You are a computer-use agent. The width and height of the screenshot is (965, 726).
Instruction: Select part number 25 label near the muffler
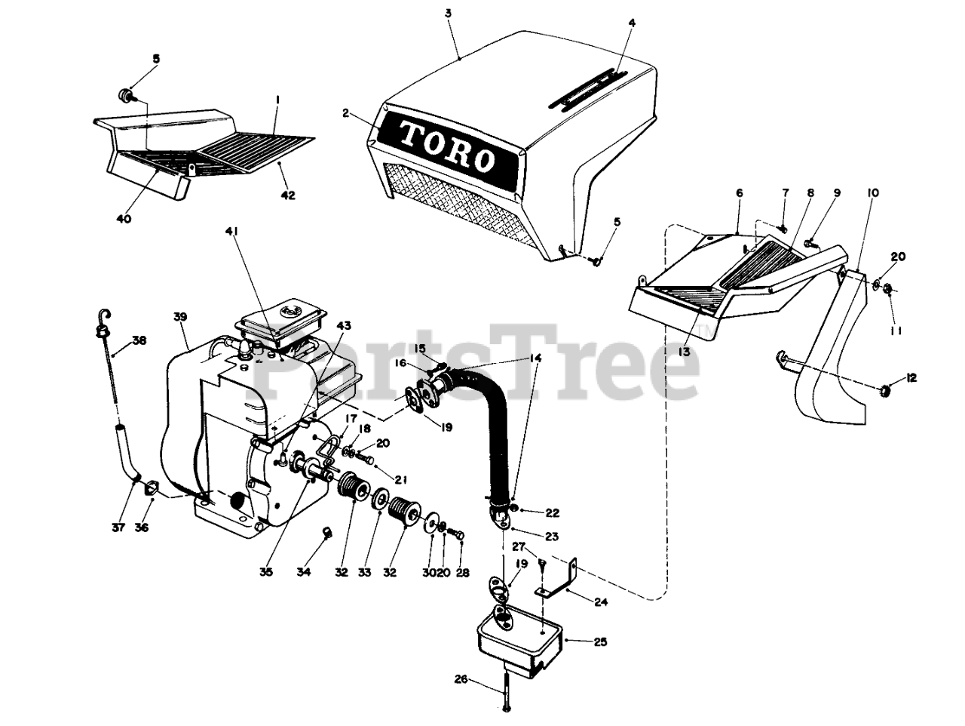(x=600, y=642)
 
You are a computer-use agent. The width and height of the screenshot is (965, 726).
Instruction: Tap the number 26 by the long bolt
(x=461, y=679)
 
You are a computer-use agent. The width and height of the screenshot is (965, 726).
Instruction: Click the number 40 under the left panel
(x=124, y=219)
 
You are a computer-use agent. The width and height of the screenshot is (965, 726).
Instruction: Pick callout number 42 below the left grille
(x=288, y=195)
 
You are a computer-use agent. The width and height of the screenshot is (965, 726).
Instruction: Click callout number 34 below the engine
(x=303, y=572)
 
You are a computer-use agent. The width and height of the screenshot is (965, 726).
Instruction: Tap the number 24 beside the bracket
(x=600, y=601)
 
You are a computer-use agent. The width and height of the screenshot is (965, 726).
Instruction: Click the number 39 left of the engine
(x=179, y=317)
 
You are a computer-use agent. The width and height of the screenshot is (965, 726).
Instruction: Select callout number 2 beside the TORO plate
(x=345, y=113)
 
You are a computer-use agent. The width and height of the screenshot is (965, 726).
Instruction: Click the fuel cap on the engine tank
(x=288, y=310)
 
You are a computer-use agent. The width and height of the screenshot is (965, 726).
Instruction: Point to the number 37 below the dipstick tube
(x=118, y=527)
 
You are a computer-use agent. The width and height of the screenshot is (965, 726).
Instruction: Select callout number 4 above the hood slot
(x=632, y=23)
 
